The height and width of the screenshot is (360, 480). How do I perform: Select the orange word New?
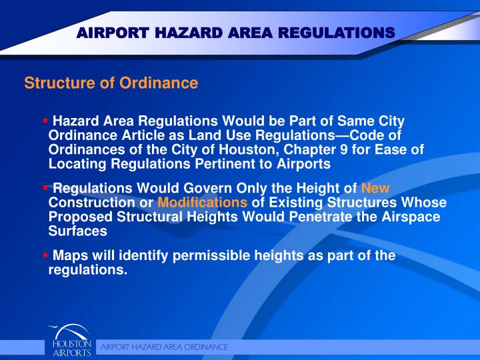(x=375, y=189)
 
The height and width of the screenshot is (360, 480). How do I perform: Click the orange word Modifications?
(x=203, y=203)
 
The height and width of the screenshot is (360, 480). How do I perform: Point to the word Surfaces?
(x=77, y=231)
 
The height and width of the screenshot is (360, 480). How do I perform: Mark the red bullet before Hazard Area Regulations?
(x=45, y=121)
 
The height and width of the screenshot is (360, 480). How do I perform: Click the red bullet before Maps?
(x=45, y=255)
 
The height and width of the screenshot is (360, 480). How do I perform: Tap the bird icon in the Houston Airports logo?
(x=57, y=329)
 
